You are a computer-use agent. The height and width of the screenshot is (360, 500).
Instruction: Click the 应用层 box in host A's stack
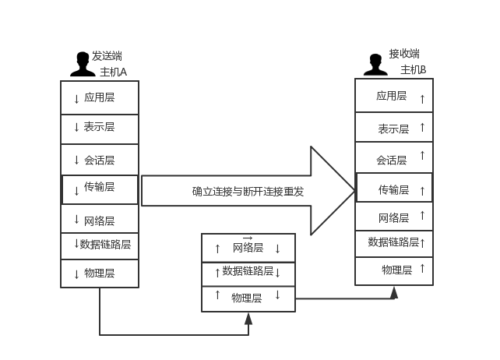pyautogui.click(x=100, y=97)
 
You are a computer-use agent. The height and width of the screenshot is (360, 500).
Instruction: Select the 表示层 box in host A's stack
pyautogui.click(x=100, y=128)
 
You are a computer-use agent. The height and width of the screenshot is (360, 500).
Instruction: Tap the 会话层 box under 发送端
pyautogui.click(x=100, y=160)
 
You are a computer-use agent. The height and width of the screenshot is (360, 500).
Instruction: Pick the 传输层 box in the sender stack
pyautogui.click(x=100, y=189)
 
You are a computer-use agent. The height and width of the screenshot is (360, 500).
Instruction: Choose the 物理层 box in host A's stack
pyautogui.click(x=100, y=273)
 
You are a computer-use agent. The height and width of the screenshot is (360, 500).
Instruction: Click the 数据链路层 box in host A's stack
pyautogui.click(x=100, y=245)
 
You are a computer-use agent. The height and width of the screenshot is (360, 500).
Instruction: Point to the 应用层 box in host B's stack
pyautogui.click(x=394, y=96)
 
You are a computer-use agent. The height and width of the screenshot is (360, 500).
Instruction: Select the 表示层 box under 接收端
pyautogui.click(x=394, y=128)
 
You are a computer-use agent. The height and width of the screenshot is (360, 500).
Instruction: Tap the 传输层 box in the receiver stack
pyautogui.click(x=394, y=189)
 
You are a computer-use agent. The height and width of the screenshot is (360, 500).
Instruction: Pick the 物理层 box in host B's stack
pyautogui.click(x=394, y=270)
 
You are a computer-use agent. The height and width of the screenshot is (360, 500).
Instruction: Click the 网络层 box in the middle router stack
pyautogui.click(x=248, y=248)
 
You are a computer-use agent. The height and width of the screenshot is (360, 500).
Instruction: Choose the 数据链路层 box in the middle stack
pyautogui.click(x=248, y=272)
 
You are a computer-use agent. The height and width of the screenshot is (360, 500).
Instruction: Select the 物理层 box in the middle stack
pyautogui.click(x=248, y=298)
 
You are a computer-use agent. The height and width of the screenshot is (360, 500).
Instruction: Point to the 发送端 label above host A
pyautogui.click(x=107, y=56)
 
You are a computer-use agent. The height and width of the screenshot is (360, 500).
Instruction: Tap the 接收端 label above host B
pyautogui.click(x=404, y=54)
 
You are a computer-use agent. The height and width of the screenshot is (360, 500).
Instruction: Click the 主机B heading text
pyautogui.click(x=413, y=70)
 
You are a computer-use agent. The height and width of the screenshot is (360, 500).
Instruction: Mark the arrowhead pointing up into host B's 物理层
pyautogui.click(x=394, y=291)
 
